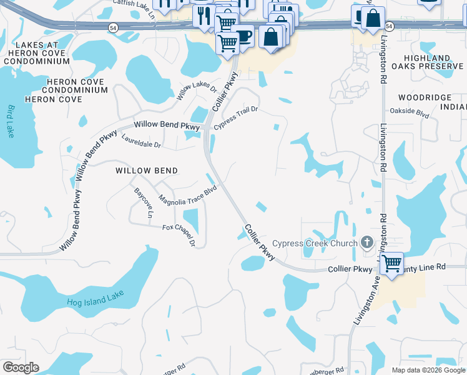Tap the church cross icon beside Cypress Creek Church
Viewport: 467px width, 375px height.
[367, 242]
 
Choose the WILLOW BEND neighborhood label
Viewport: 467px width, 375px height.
[147, 171]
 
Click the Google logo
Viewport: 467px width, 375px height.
[21, 367]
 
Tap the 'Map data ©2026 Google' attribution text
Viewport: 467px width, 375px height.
[428, 370]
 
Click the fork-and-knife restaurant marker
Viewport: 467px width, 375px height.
[204, 14]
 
